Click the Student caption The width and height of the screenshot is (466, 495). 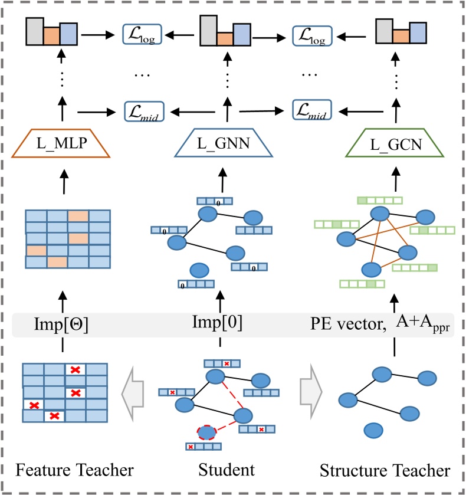pos(224,470)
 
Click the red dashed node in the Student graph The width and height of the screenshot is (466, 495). pos(206,433)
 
